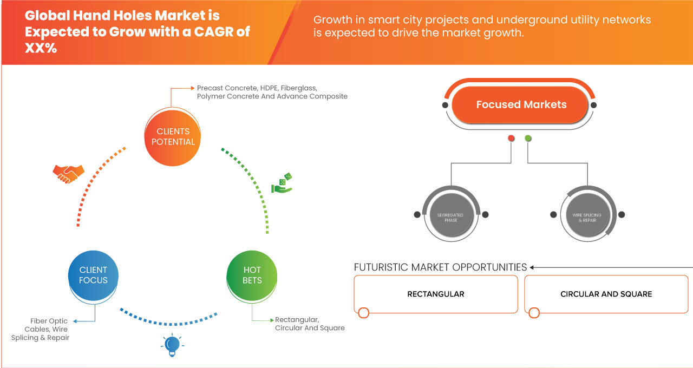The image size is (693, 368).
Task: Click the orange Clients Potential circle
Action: (173, 136)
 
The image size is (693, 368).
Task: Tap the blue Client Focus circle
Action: (93, 275)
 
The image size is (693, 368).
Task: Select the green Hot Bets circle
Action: (252, 275)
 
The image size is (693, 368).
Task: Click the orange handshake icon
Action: (68, 173)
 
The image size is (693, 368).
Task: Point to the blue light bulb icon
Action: (172, 345)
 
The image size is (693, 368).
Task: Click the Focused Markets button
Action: (521, 104)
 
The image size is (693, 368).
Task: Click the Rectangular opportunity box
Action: (436, 294)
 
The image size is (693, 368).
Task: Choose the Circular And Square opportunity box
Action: (606, 294)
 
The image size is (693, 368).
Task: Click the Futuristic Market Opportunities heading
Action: (440, 267)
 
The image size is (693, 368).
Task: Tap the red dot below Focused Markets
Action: (511, 139)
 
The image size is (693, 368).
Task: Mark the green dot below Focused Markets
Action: (528, 139)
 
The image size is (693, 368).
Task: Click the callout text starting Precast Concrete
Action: (272, 92)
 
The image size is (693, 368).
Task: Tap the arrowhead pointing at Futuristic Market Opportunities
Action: (533, 267)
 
